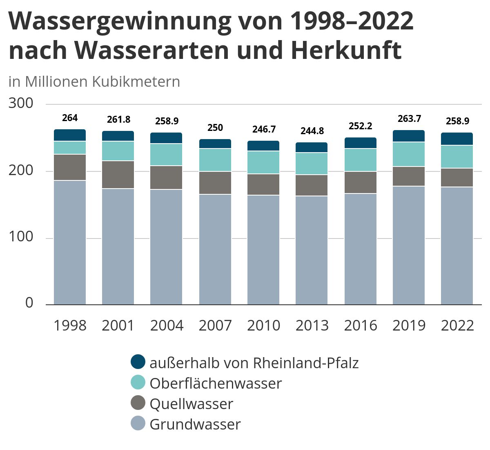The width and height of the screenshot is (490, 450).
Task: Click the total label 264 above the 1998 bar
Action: pyautogui.click(x=70, y=118)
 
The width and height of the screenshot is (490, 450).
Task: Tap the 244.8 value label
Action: pyautogui.click(x=312, y=131)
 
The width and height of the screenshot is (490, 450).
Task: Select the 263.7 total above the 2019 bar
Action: pyautogui.click(x=409, y=119)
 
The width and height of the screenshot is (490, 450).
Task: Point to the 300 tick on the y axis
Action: pyautogui.click(x=21, y=103)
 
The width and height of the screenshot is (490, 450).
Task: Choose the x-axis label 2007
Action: pyautogui.click(x=215, y=326)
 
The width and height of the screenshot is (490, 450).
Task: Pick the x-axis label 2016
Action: pyautogui.click(x=360, y=326)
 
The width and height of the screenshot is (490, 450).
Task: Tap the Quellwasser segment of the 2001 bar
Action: pyautogui.click(x=118, y=175)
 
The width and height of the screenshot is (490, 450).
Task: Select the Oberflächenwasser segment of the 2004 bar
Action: pyautogui.click(x=166, y=155)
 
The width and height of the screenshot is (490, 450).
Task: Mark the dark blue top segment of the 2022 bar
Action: pyautogui.click(x=457, y=139)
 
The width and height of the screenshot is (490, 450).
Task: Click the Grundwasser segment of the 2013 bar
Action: pyautogui.click(x=312, y=250)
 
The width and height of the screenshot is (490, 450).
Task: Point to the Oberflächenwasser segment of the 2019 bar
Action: pyautogui.click(x=409, y=154)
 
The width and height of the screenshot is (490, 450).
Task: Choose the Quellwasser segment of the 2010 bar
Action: pyautogui.click(x=263, y=184)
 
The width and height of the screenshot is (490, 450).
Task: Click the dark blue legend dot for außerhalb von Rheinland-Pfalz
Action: pyautogui.click(x=138, y=362)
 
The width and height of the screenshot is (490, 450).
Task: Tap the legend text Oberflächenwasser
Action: pyautogui.click(x=216, y=383)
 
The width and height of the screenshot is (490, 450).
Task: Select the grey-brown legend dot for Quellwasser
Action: pyautogui.click(x=138, y=403)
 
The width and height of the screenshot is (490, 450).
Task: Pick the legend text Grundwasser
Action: pyautogui.click(x=195, y=424)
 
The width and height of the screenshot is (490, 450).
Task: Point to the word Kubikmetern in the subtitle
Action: pyautogui.click(x=136, y=82)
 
